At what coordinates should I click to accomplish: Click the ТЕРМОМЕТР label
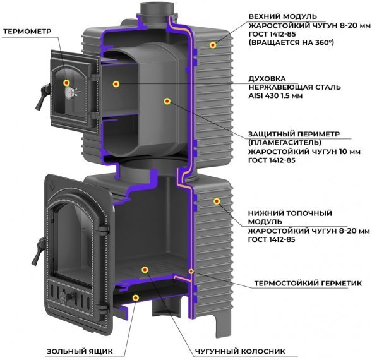click(x=27, y=32)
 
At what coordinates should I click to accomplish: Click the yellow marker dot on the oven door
click(x=66, y=83)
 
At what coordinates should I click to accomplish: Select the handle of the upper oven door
click(x=42, y=97)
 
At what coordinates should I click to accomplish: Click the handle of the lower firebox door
click(x=39, y=251)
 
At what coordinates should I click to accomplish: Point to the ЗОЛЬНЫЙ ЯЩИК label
click(x=80, y=351)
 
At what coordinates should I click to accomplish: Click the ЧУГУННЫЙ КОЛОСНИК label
click(x=240, y=351)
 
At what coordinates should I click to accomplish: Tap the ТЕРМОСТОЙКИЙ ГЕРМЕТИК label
click(x=308, y=283)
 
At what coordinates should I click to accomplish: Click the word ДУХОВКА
click(x=267, y=79)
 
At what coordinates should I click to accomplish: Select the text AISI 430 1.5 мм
click(x=275, y=96)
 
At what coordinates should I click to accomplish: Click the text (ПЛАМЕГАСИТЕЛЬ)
click(x=285, y=143)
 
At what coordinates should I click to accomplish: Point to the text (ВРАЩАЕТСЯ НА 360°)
click(x=291, y=43)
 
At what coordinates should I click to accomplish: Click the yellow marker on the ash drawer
click(x=136, y=298)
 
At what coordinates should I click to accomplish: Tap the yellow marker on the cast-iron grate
click(x=145, y=270)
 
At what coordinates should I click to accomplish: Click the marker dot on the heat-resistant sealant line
click(x=191, y=271)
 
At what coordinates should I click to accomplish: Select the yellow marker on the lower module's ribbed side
click(x=217, y=201)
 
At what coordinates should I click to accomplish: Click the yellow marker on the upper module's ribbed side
click(x=213, y=45)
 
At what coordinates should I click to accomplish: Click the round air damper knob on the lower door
click(x=64, y=296)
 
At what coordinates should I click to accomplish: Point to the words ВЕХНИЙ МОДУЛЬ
click(x=282, y=16)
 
